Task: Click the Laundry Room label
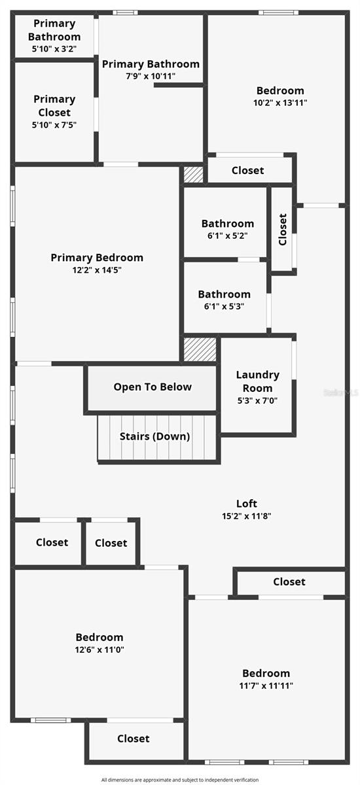(258, 381)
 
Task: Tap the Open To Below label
(153, 387)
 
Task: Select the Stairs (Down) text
(154, 436)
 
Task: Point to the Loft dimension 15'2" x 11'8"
(246, 516)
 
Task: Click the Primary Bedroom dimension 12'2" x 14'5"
(97, 270)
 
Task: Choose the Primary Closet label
(54, 106)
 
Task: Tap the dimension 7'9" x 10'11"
(151, 76)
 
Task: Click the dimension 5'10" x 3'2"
(54, 48)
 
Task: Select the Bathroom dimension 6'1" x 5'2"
(228, 235)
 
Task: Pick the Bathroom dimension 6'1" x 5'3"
(224, 306)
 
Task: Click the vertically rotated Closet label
(283, 230)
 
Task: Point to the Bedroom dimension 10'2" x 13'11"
(280, 103)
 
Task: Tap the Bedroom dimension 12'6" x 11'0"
(99, 650)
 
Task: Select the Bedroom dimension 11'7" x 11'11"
(266, 686)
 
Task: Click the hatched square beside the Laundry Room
(200, 349)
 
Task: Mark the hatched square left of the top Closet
(194, 175)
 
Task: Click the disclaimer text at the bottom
(180, 780)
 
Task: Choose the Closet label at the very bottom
(134, 739)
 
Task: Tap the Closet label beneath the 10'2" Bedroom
(248, 170)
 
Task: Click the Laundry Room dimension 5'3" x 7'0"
(258, 400)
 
